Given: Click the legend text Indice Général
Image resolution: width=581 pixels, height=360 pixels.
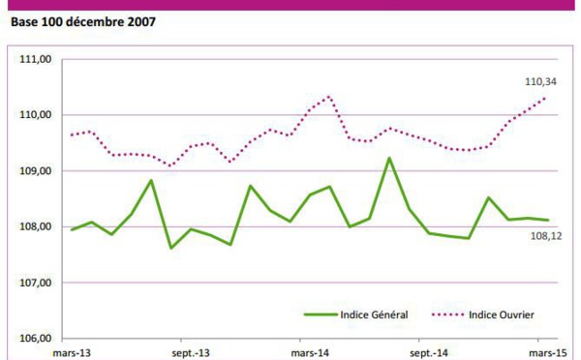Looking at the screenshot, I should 375,315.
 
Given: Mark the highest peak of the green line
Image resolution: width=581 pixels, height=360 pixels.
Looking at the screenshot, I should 388,158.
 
